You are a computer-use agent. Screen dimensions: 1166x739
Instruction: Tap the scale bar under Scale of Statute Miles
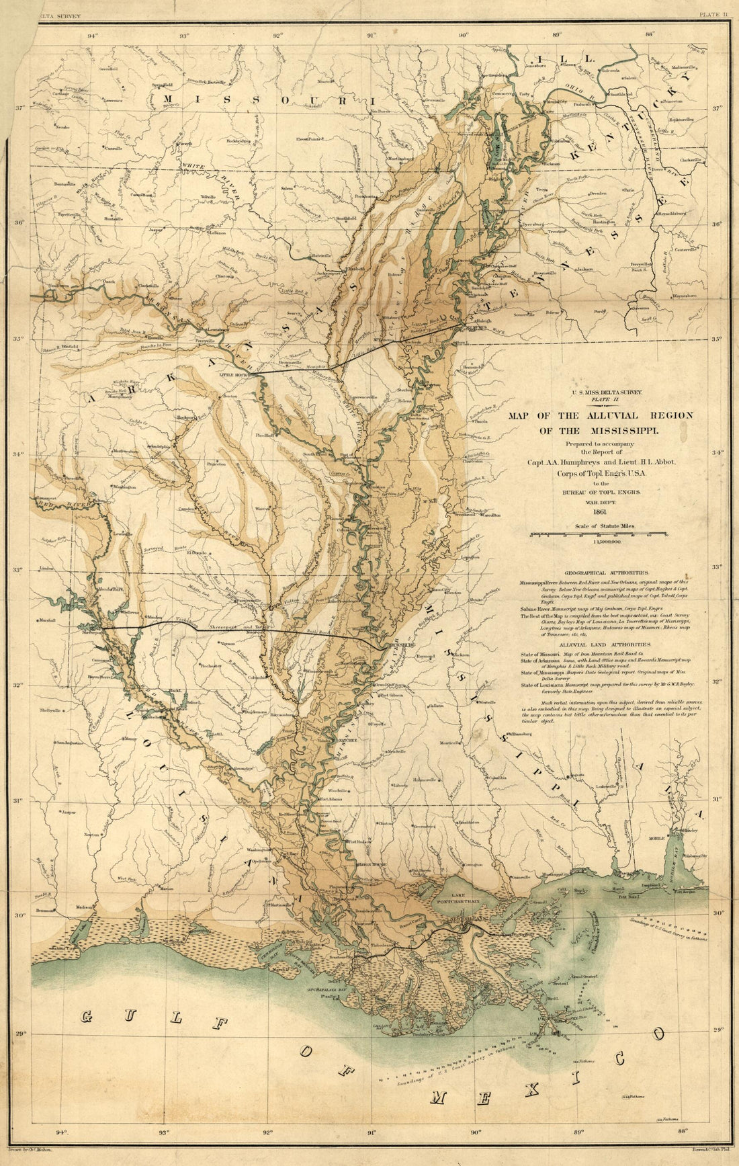click(598, 535)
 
